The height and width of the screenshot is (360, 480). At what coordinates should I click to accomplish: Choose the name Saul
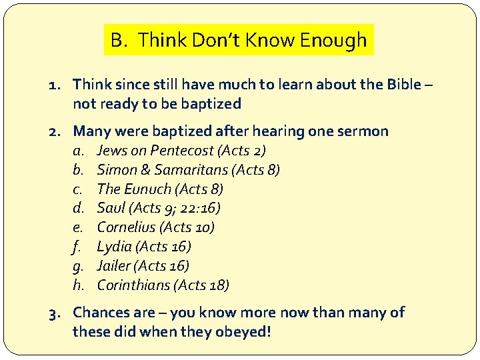(111, 208)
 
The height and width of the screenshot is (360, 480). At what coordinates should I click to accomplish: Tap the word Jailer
(114, 266)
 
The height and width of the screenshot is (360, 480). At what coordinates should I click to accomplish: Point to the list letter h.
(77, 285)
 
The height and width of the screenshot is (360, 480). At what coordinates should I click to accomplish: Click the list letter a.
(77, 151)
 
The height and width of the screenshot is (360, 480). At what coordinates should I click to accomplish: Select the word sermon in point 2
(366, 131)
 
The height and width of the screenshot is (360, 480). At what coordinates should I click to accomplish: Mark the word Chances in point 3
(104, 313)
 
